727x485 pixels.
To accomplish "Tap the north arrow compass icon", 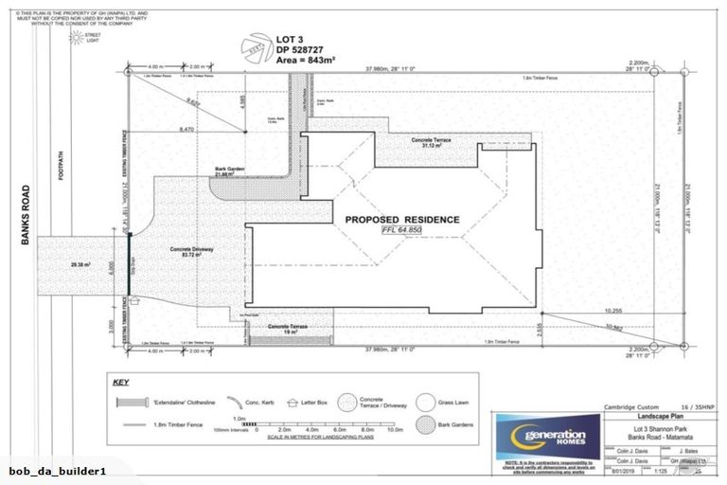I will click(257, 45).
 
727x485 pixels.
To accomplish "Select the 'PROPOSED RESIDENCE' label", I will click(402, 220).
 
